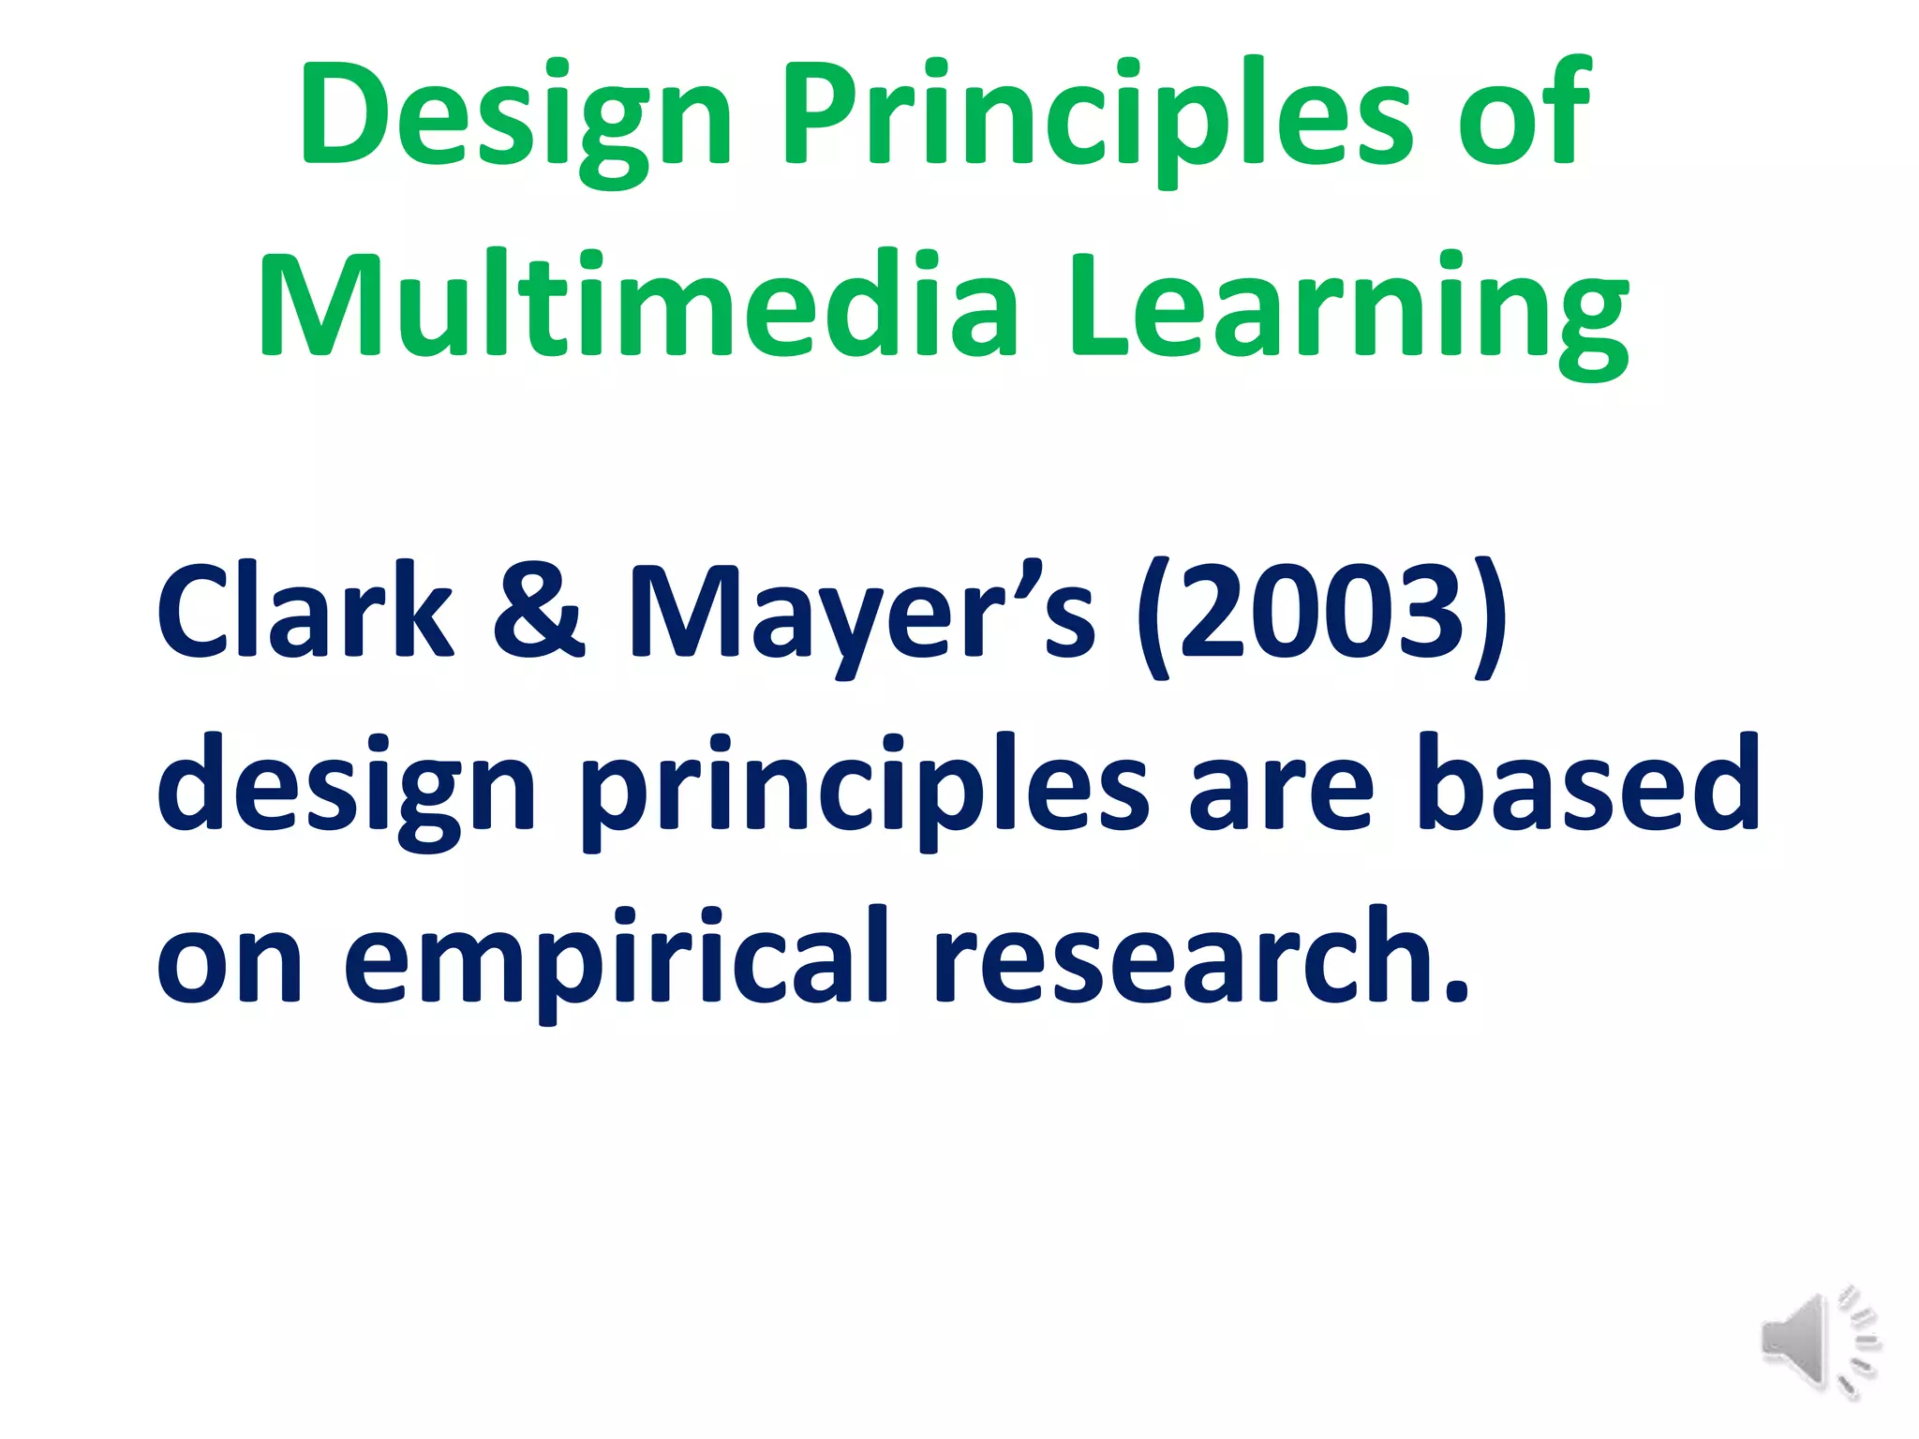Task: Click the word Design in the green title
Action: (x=515, y=117)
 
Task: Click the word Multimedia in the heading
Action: (x=637, y=304)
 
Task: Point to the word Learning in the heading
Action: (x=1349, y=304)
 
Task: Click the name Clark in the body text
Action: (x=305, y=614)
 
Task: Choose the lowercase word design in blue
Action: (x=347, y=787)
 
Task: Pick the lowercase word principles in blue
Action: (x=862, y=787)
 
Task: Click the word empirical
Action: (x=614, y=960)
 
